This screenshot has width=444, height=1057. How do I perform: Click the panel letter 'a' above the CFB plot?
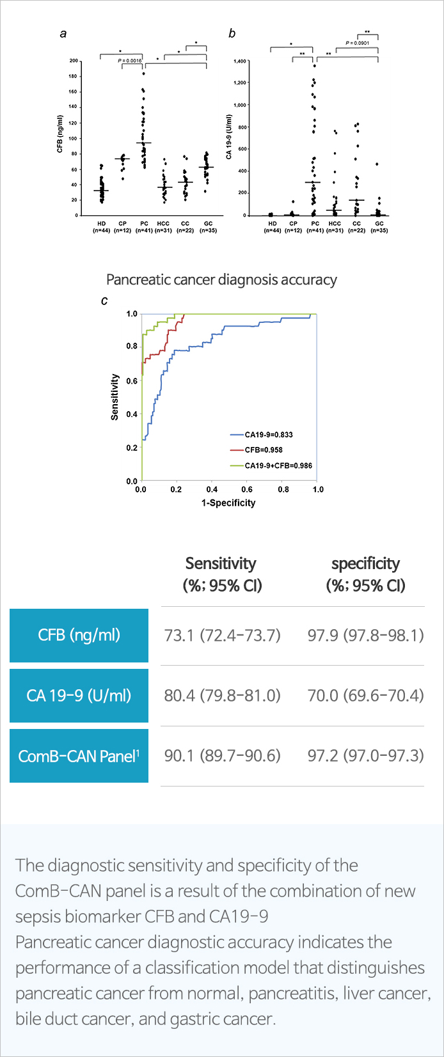click(63, 34)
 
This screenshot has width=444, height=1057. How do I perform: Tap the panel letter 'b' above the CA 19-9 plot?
click(232, 34)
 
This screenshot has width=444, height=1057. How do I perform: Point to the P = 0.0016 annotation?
click(130, 60)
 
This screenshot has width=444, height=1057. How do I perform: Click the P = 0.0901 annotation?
click(357, 43)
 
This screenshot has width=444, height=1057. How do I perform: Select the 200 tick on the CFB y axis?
click(74, 61)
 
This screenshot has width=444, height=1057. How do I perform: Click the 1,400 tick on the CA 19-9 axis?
click(240, 61)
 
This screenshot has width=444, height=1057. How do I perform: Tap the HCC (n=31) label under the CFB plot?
click(164, 227)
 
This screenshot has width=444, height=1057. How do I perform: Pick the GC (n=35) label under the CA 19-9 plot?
click(379, 227)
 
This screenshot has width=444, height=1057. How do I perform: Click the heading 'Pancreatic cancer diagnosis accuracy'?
click(221, 279)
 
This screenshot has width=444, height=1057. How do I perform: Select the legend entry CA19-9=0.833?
click(268, 435)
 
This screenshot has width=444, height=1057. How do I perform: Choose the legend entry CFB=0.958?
click(263, 450)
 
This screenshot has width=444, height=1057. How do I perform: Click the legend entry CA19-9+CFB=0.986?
click(278, 466)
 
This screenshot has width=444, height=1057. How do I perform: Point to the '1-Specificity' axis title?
click(228, 503)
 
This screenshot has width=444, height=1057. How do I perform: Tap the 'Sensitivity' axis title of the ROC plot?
click(115, 397)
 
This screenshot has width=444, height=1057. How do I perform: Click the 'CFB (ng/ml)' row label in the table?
click(79, 635)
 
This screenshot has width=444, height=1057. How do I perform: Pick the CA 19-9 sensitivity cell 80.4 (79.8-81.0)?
click(222, 695)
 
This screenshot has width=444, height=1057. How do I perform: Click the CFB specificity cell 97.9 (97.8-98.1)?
click(365, 635)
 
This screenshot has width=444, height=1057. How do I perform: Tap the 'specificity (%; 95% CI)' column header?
click(365, 574)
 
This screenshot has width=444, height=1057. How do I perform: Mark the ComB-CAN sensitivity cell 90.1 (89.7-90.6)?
click(222, 755)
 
